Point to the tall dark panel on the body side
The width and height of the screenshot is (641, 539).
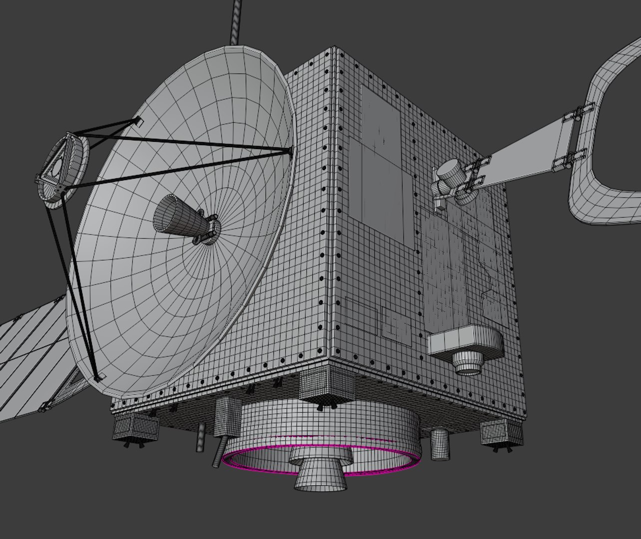point(380,165)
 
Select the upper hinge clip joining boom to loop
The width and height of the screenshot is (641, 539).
point(580,113)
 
